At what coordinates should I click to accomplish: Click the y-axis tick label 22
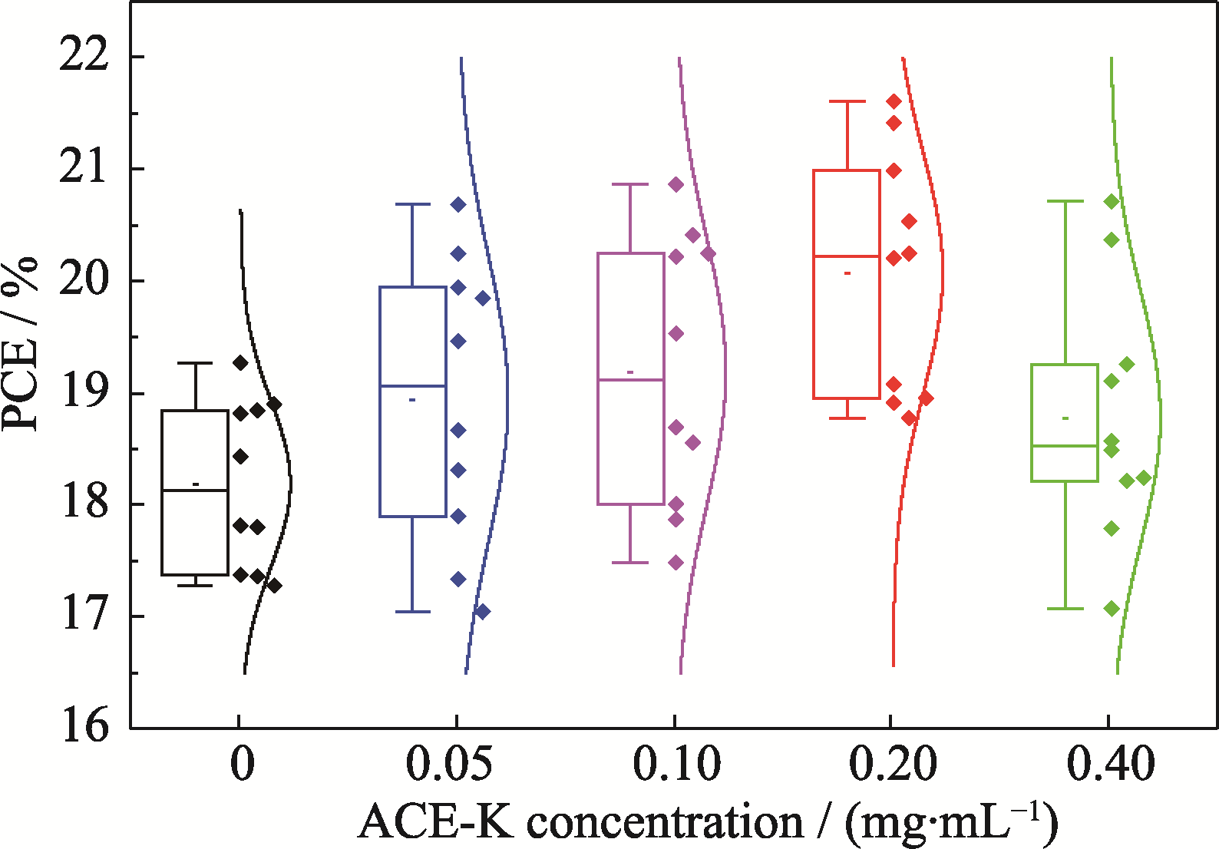pos(84,55)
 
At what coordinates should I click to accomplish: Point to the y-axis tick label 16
pos(84,725)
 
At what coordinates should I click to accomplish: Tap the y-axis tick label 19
pos(84,393)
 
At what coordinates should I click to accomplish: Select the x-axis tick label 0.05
pos(448,765)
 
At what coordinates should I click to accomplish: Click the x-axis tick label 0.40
pos(1111,765)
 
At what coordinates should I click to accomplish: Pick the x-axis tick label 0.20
pos(894,765)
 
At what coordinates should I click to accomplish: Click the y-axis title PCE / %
pos(21,343)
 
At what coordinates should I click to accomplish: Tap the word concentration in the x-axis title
pos(665,823)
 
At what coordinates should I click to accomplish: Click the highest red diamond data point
pos(894,101)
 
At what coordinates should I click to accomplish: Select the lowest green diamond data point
pos(1111,609)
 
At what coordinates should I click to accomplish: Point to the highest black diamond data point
pos(240,363)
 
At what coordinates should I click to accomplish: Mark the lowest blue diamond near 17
pos(483,612)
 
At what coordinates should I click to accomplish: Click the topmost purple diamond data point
pos(676,184)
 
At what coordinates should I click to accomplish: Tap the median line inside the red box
pos(847,256)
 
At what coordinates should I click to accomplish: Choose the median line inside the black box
pos(195,490)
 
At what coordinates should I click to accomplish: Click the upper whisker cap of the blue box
pos(412,204)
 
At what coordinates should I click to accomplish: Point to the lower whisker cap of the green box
pos(1065,609)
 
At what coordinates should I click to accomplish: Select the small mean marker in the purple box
pos(630,372)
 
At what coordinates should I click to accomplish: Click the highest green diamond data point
pos(1111,202)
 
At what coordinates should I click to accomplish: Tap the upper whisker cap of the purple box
pos(630,184)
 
